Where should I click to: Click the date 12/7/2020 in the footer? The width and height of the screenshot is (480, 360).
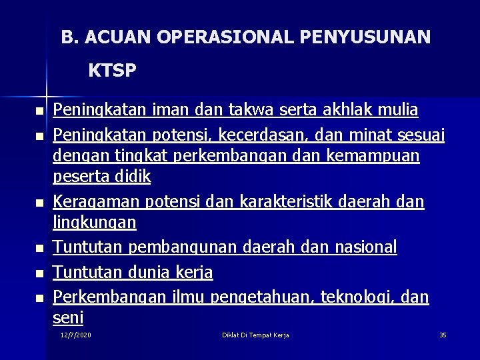coord(76,334)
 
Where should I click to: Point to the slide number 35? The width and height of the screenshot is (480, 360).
coord(443,334)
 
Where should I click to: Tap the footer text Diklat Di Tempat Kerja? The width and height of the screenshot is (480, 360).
coord(255,334)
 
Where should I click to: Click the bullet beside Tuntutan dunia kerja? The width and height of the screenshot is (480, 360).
coord(40,273)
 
